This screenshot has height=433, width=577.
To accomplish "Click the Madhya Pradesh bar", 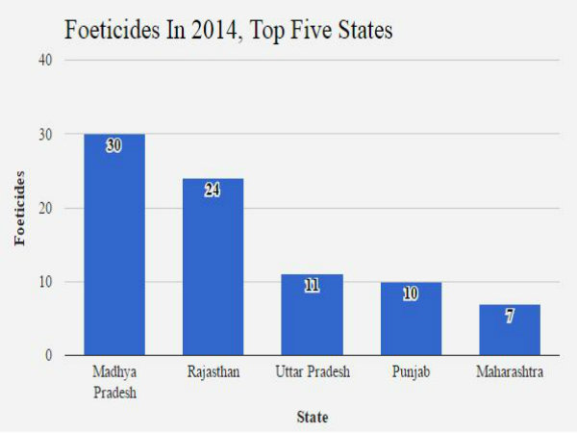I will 113,245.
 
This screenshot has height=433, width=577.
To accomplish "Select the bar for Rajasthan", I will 213,267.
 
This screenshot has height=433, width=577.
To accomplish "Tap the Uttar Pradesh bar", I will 312,316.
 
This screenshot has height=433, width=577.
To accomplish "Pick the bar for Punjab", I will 411,319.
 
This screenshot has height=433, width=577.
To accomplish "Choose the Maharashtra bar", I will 510,330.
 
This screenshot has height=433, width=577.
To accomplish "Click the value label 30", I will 113,146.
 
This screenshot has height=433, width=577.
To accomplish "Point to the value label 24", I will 213,191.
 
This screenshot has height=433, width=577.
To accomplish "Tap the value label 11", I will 312,286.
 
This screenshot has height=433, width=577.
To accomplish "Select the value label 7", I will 510,316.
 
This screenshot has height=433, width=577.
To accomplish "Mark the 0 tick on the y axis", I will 48,356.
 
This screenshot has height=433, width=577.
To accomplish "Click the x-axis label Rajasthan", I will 213,371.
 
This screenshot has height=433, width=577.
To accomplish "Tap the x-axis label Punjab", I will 411,371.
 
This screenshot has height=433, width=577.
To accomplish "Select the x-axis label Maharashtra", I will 510,371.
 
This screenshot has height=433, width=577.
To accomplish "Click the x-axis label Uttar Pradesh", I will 312,371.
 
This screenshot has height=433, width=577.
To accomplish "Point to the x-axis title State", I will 312,418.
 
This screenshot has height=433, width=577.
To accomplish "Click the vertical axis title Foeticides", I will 19,208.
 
